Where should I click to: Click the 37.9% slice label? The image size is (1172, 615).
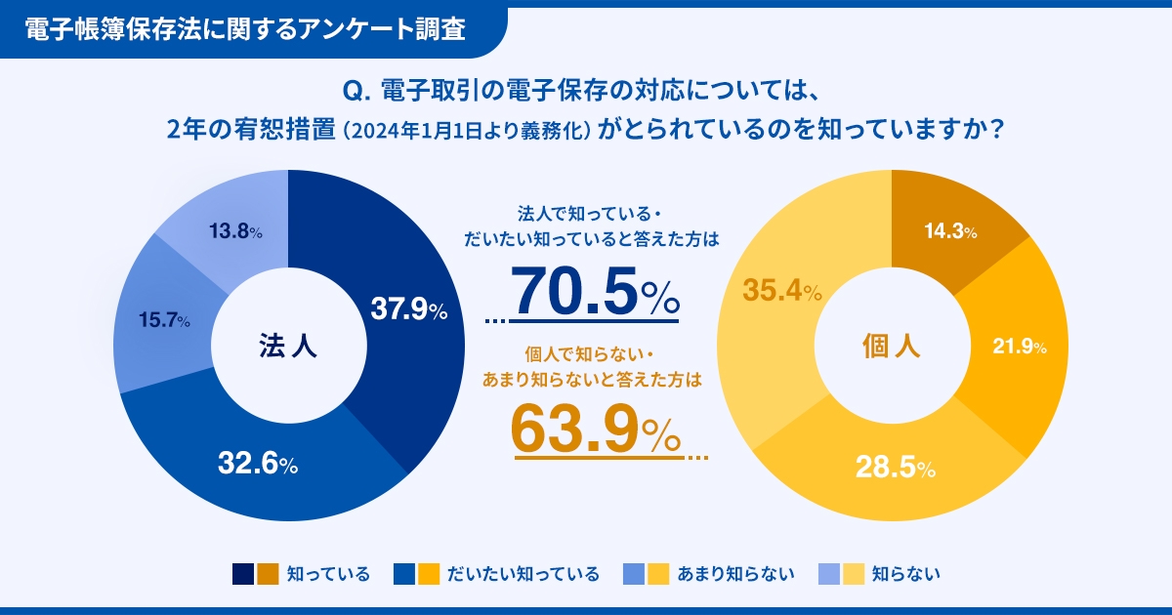[408, 309]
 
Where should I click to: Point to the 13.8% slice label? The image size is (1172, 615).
[235, 232]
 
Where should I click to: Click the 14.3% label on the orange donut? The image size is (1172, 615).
[950, 232]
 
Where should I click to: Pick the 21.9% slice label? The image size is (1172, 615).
[1019, 347]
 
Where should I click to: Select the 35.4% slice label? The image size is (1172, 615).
[781, 290]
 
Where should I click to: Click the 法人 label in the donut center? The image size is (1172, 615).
[288, 346]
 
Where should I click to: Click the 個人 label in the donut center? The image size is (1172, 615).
[891, 346]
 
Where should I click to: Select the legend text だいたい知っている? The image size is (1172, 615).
[523, 574]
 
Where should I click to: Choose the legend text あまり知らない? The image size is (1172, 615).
[736, 574]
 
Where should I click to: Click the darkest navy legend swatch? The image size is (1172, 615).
[243, 574]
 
